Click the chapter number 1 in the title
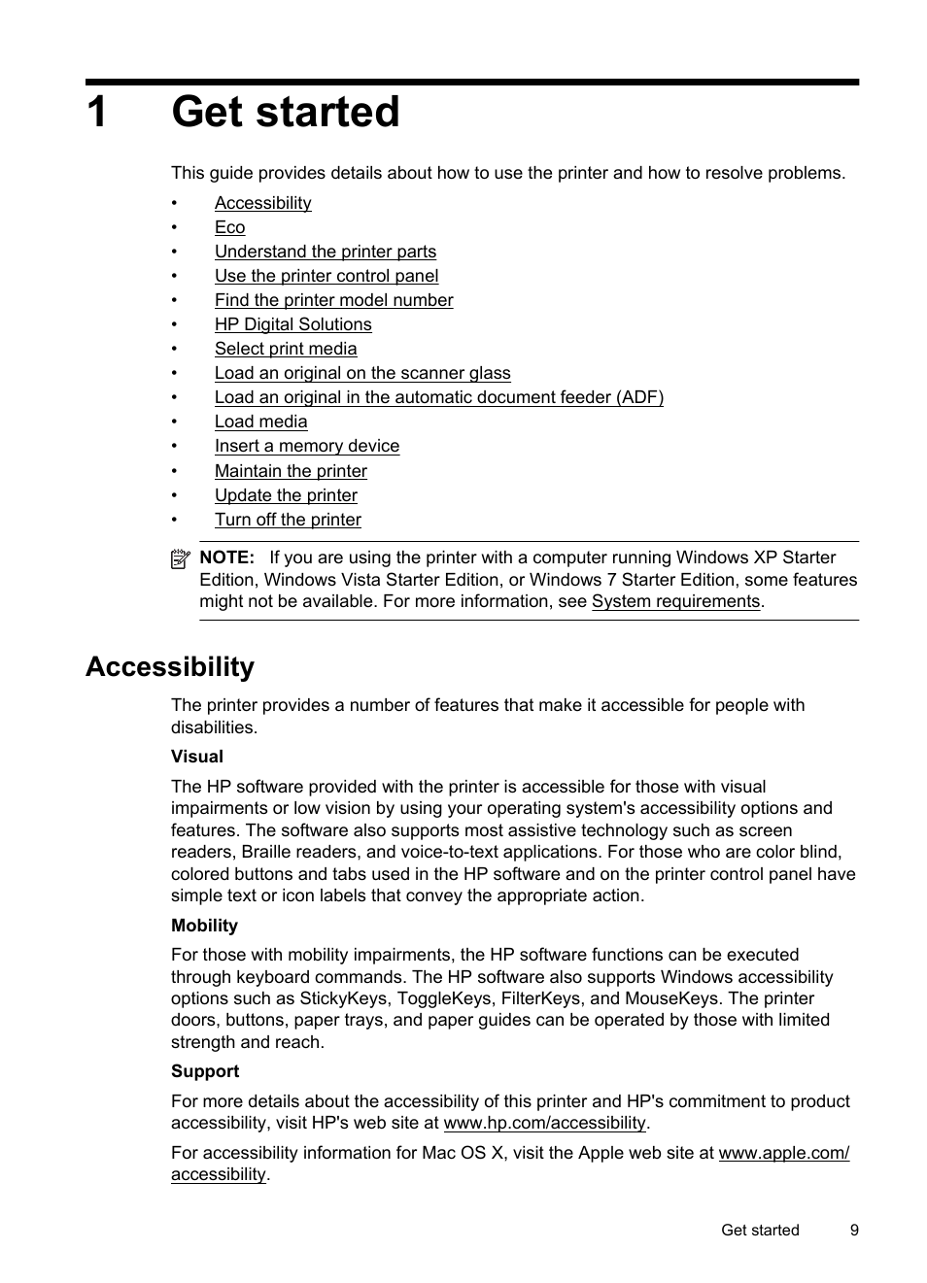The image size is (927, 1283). click(x=96, y=113)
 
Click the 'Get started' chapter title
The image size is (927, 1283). click(x=285, y=112)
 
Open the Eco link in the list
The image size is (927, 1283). click(x=229, y=227)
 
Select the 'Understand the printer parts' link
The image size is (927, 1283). click(x=325, y=252)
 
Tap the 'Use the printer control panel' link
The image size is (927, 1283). click(x=326, y=276)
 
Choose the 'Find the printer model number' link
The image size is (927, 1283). click(x=333, y=300)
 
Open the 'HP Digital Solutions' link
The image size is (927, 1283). click(x=292, y=324)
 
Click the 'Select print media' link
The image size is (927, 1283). click(x=285, y=349)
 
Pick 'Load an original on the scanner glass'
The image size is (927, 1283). click(x=361, y=373)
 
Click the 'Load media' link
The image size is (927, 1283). click(x=260, y=422)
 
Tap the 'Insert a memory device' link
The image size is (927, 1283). click(x=306, y=446)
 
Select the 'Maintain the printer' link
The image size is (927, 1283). click(x=291, y=471)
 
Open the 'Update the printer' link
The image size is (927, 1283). click(x=286, y=495)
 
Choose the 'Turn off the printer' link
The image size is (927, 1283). click(x=288, y=520)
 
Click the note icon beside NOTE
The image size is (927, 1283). click(x=180, y=558)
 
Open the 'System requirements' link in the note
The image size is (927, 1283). click(x=675, y=601)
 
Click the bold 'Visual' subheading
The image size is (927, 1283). click(x=196, y=757)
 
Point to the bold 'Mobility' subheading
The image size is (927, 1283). click(x=204, y=926)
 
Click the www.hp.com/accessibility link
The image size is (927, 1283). click(x=544, y=1123)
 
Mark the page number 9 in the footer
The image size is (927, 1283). click(x=854, y=1230)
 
